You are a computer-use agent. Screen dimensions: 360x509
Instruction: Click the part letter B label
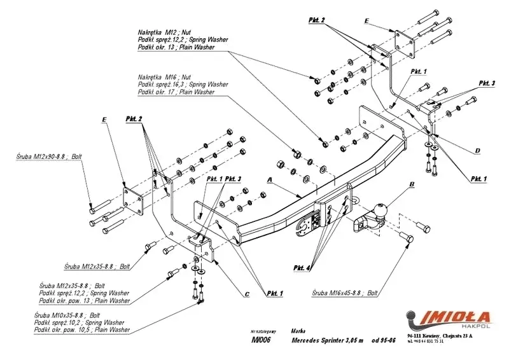[412, 185]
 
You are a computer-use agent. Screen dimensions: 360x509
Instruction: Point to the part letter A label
[270, 181]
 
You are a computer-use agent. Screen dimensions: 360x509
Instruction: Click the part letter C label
[246, 294]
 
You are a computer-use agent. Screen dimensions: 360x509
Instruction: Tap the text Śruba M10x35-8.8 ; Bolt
[69, 315]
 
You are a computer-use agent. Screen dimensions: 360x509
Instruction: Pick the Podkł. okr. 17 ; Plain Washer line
[176, 92]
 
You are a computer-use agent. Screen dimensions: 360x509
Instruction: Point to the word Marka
[298, 330]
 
